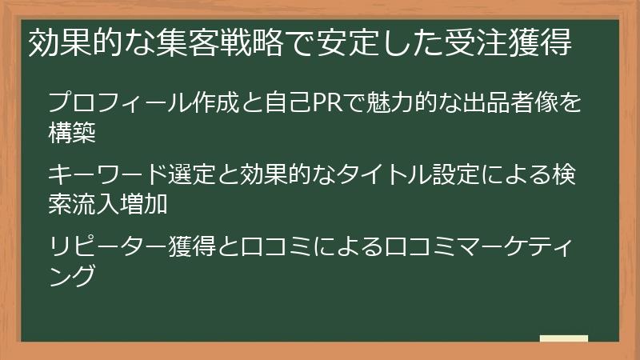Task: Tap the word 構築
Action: [x=72, y=133]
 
